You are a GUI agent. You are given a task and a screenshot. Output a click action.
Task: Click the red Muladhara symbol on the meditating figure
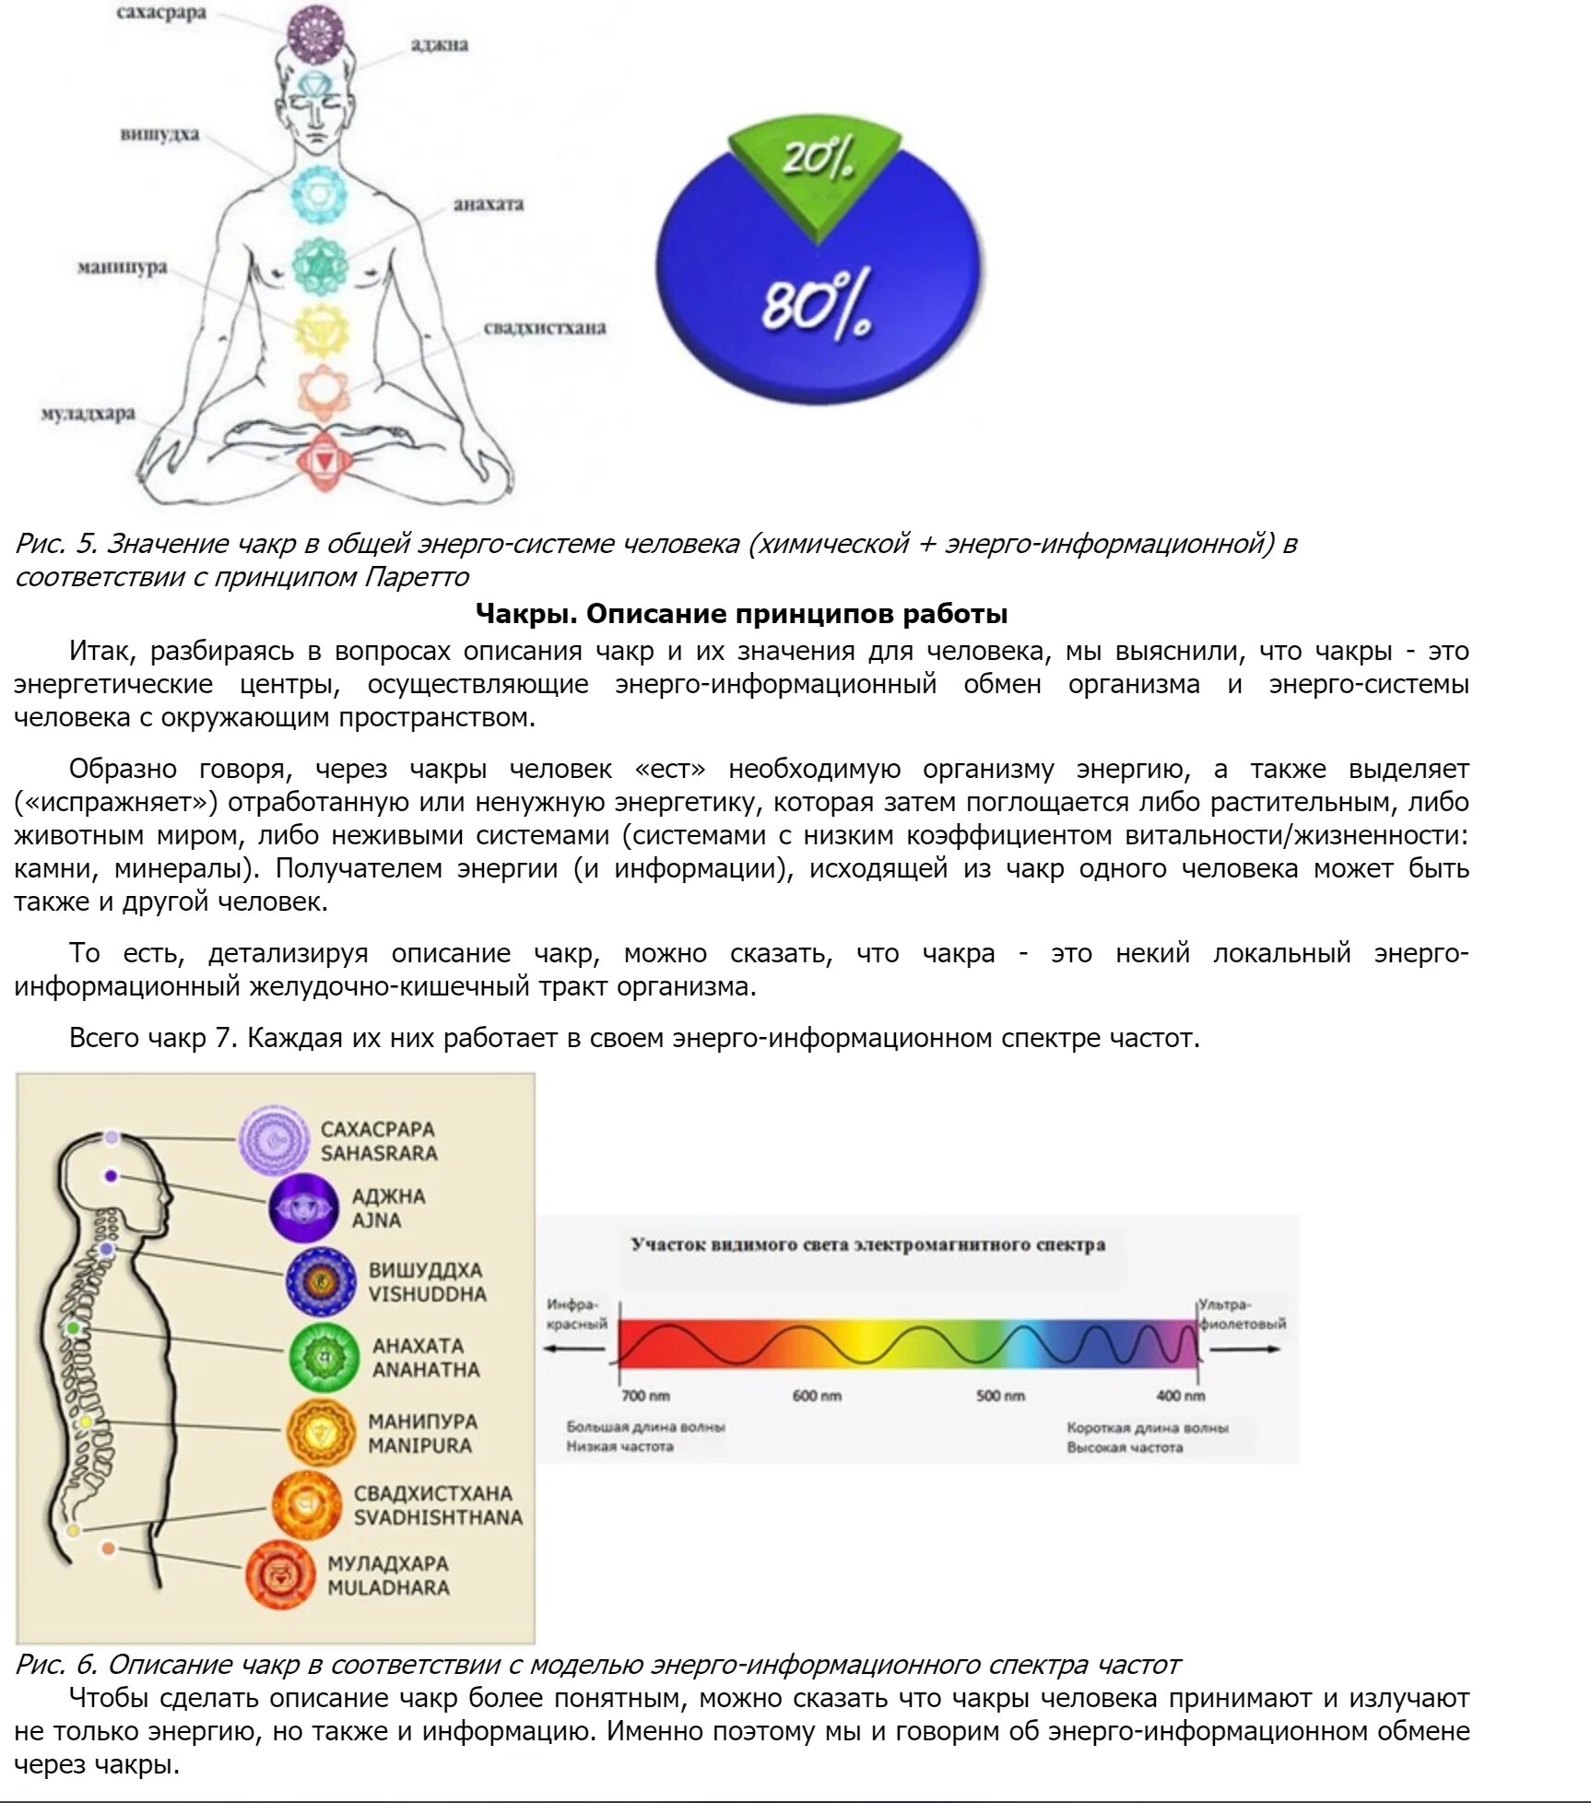(x=324, y=457)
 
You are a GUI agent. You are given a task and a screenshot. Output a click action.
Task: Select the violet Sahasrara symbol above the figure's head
(x=315, y=32)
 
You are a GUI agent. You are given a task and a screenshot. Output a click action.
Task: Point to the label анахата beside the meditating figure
(x=488, y=205)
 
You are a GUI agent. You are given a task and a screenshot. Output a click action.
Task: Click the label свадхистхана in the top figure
(x=545, y=328)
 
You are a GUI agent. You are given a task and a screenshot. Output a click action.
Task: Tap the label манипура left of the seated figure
(x=122, y=267)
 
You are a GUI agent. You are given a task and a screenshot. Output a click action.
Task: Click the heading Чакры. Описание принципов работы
(x=741, y=614)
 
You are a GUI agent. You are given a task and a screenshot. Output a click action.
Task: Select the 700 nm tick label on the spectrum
(x=645, y=1396)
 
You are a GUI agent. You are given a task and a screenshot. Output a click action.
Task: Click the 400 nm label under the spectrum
(x=1180, y=1396)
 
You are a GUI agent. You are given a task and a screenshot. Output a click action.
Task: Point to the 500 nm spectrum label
(x=1000, y=1396)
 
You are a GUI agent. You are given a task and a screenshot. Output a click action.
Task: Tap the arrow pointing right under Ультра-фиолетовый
(x=1244, y=1349)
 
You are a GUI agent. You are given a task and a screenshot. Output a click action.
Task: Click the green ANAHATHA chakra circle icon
(x=323, y=1357)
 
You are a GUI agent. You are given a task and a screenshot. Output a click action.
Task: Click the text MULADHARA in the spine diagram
(x=388, y=1587)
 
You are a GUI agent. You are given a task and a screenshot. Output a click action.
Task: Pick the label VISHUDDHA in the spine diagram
(x=427, y=1294)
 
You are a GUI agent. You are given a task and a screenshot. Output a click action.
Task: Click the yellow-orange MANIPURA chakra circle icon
(x=320, y=1432)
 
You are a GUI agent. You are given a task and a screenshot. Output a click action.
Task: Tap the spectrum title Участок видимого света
(x=867, y=1244)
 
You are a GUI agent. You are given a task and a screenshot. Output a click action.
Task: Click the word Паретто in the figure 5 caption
(x=418, y=577)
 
